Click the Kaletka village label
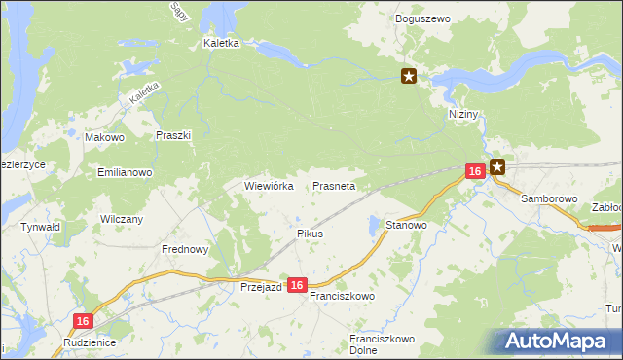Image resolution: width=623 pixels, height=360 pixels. click(221, 44)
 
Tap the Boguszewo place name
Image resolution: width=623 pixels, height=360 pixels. click(421, 18)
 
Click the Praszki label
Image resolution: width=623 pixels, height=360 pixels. click(172, 136)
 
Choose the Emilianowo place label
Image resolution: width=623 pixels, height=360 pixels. click(125, 172)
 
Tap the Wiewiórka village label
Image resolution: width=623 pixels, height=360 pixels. click(269, 185)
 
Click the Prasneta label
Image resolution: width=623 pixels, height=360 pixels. click(334, 185)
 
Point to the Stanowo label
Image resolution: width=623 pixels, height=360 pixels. click(407, 225)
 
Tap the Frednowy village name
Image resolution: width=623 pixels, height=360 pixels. click(185, 249)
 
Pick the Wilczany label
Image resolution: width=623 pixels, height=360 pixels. click(122, 220)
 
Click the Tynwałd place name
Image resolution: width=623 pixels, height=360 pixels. click(41, 227)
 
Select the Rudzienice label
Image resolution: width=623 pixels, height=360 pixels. click(89, 342)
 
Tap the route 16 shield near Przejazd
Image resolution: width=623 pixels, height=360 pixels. click(298, 285)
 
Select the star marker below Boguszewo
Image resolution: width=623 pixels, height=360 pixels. click(410, 77)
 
